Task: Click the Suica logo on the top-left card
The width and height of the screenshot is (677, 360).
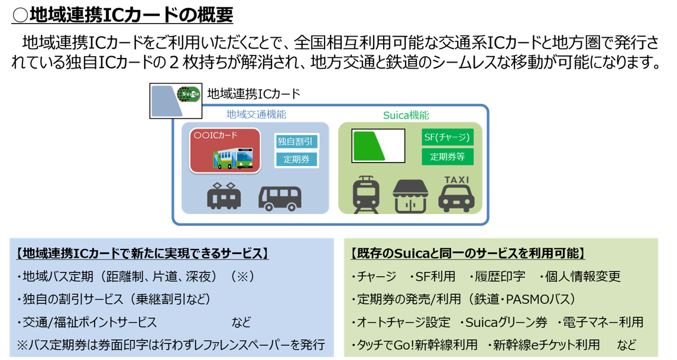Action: tap(189, 95)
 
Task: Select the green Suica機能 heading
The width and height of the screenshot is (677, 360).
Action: tap(405, 115)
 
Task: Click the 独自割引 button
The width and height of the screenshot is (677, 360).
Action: tap(296, 142)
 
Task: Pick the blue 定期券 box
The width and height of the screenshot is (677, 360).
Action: tap(296, 159)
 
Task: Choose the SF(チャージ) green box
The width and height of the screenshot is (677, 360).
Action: tap(448, 138)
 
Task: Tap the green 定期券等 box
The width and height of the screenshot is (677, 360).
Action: tap(448, 157)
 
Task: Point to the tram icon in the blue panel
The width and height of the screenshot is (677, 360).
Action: tap(224, 196)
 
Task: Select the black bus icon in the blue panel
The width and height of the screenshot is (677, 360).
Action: tap(280, 198)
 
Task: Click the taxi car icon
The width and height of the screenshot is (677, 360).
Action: tap(456, 199)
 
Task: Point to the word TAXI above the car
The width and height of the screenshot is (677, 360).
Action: tap(456, 180)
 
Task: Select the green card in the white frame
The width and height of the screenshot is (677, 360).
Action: tap(378, 146)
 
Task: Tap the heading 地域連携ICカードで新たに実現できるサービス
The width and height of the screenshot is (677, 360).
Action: tap(142, 254)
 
